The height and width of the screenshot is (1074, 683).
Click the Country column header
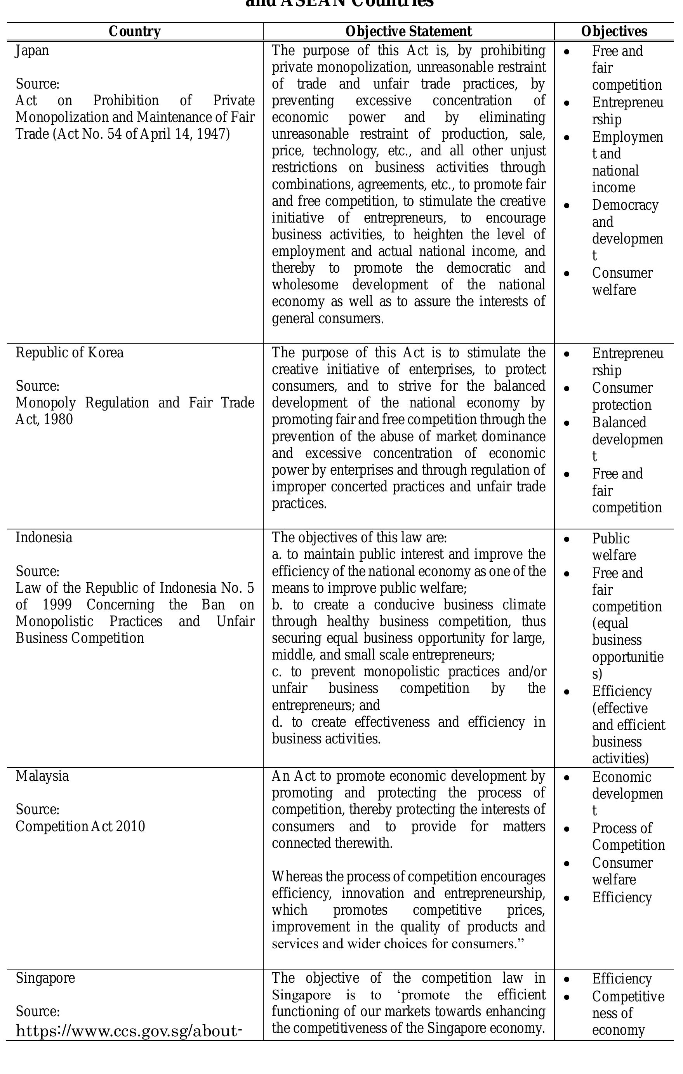coord(134,32)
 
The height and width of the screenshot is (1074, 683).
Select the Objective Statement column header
coord(408,32)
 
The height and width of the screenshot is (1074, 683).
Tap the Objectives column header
coord(614,32)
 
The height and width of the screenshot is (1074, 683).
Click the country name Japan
coord(32,51)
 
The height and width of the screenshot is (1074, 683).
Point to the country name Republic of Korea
coord(70,353)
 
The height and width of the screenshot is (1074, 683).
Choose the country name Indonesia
coord(44,538)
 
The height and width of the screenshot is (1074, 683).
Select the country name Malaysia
coord(42,776)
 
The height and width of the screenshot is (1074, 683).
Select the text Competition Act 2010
coord(80,827)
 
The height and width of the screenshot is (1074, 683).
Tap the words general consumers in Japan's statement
coord(327,319)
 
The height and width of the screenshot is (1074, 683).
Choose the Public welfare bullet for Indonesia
coord(613,547)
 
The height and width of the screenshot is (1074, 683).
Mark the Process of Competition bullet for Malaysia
coord(628,837)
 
